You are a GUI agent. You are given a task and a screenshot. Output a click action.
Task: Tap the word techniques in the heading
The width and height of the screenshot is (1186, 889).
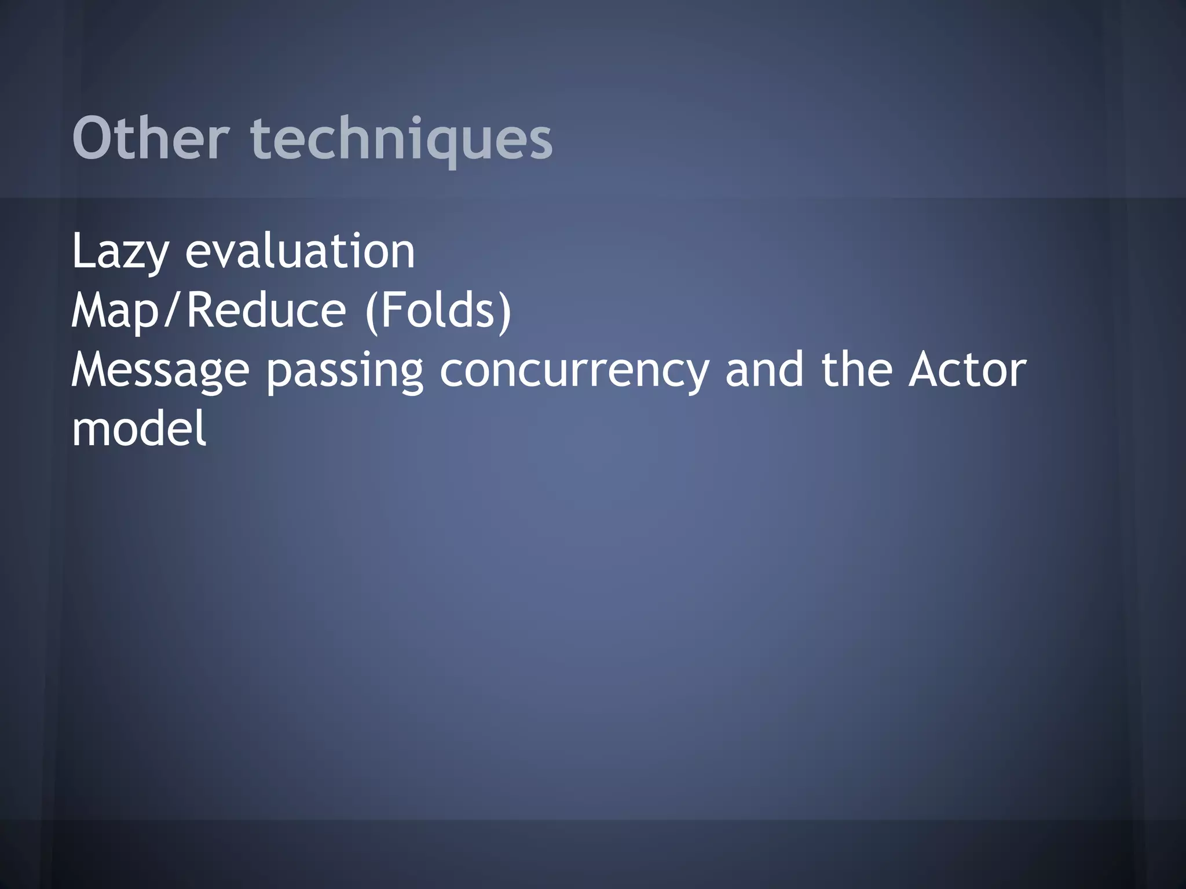[x=401, y=139]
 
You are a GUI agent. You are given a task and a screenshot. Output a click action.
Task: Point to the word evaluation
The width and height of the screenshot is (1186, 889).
[x=300, y=252]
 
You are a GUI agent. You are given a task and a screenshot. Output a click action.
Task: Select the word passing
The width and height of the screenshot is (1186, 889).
[x=345, y=371]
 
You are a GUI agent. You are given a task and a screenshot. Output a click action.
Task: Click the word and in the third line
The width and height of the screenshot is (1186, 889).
[x=764, y=370]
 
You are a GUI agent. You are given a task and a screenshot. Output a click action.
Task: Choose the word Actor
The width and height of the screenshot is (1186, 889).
[x=967, y=370]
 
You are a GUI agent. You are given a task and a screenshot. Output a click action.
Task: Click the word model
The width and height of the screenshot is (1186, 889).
[x=139, y=429]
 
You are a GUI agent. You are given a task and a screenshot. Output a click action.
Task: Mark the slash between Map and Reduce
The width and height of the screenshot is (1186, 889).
[x=174, y=311]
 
